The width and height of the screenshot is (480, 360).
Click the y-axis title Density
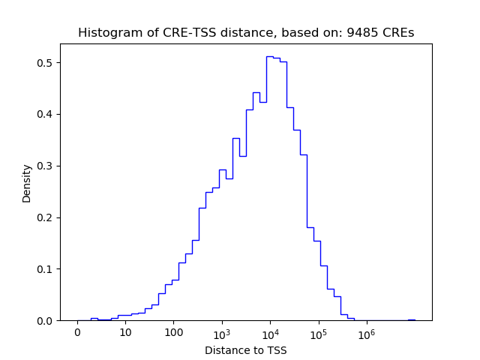click(27, 183)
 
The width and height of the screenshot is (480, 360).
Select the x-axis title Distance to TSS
click(246, 350)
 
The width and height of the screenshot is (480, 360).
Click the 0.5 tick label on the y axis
click(46, 62)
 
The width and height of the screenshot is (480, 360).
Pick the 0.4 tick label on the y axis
click(46, 114)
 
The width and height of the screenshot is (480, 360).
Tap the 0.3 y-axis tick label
click(46, 166)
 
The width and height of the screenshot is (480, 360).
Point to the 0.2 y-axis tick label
click(46, 217)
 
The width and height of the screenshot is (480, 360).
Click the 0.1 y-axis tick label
click(46, 269)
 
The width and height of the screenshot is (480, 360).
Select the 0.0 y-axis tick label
click(46, 321)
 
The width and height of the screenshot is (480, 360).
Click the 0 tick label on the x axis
click(77, 333)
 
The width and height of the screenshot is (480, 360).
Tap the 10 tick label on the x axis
click(125, 333)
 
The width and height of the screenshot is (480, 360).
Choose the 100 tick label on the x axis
click(173, 333)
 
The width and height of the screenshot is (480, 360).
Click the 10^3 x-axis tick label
click(222, 332)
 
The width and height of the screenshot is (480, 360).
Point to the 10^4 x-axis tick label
click(270, 332)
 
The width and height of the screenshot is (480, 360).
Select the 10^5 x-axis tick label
click(318, 332)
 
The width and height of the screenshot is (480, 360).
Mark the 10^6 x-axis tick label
click(366, 332)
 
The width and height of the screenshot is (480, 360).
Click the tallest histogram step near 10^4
click(269, 57)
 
